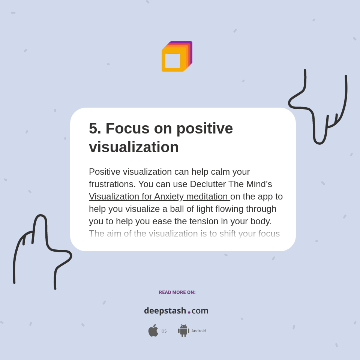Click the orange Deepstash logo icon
tap(176, 56)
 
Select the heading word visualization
tap(133, 147)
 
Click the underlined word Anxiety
tap(169, 196)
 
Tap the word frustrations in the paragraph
tap(111, 184)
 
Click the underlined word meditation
tap(207, 196)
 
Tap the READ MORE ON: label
tap(177, 292)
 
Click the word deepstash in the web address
tap(165, 311)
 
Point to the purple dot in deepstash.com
tap(189, 312)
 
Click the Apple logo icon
tap(153, 331)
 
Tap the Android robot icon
tap(183, 331)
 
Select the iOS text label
tap(163, 331)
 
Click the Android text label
tap(198, 331)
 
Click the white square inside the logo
tap(172, 61)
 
